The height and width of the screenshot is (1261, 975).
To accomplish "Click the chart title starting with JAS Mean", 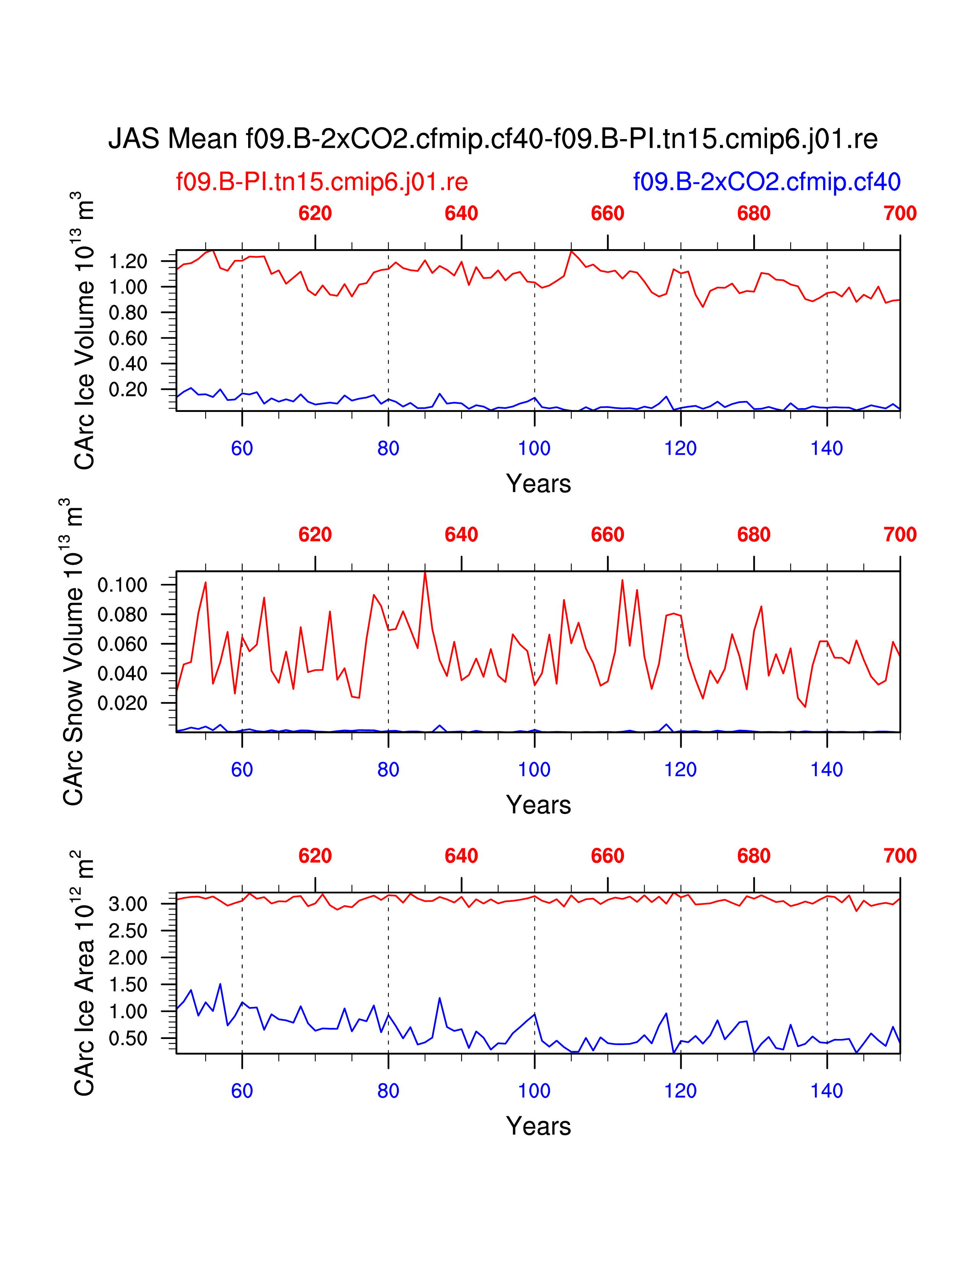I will pyautogui.click(x=493, y=139).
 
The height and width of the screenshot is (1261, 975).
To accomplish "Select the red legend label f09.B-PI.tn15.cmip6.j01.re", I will pyautogui.click(x=322, y=182).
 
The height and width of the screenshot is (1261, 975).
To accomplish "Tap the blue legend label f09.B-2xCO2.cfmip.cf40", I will pyautogui.click(x=767, y=182).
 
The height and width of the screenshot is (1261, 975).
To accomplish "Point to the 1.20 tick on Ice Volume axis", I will pyautogui.click(x=128, y=261).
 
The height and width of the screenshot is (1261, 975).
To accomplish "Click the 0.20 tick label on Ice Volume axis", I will pyautogui.click(x=128, y=390).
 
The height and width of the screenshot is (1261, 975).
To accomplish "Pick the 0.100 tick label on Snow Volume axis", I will pyautogui.click(x=122, y=585).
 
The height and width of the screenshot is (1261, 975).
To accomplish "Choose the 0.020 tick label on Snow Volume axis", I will pyautogui.click(x=122, y=703).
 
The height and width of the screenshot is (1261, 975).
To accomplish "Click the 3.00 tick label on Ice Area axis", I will pyautogui.click(x=128, y=904).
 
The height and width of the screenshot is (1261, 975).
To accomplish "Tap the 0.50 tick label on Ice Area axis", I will pyautogui.click(x=128, y=1039).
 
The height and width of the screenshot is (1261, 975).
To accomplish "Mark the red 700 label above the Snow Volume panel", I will pyautogui.click(x=899, y=535).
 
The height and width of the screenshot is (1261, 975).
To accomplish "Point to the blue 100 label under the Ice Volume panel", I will pyautogui.click(x=534, y=448).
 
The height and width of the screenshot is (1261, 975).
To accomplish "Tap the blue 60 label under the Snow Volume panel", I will pyautogui.click(x=242, y=770).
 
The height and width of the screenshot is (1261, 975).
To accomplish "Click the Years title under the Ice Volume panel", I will pyautogui.click(x=538, y=484).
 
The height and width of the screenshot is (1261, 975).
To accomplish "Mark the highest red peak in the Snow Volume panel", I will pyautogui.click(x=425, y=572).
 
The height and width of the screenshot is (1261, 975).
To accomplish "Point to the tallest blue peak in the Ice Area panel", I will pyautogui.click(x=220, y=984).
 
